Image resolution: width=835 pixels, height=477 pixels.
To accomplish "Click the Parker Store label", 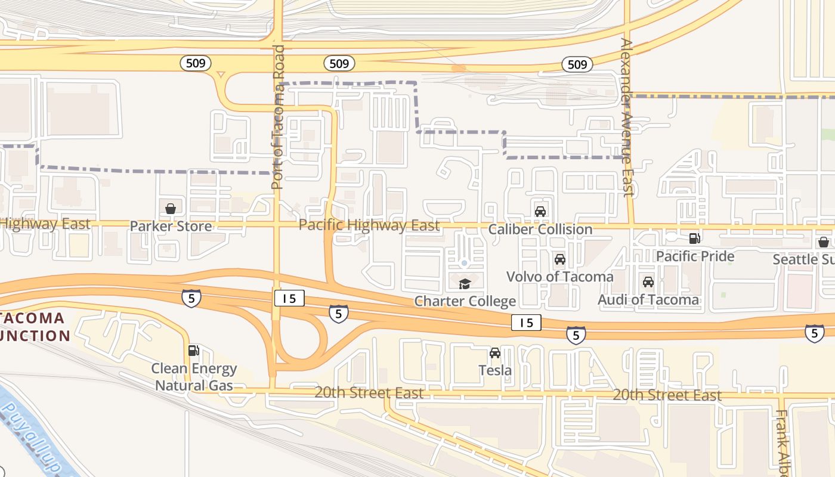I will pyautogui.click(x=171, y=226).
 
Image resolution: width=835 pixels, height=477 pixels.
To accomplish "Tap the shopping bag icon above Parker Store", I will pyautogui.click(x=171, y=208).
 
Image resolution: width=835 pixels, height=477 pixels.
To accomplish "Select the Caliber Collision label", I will pyautogui.click(x=540, y=229).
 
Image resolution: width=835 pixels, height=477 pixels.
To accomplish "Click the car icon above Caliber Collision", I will pyautogui.click(x=540, y=211).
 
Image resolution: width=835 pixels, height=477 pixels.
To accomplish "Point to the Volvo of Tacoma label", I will pyautogui.click(x=559, y=277).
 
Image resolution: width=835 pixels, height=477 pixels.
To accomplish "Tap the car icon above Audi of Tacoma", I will pyautogui.click(x=648, y=282).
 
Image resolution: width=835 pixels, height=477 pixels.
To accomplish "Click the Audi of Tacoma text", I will pyautogui.click(x=648, y=299).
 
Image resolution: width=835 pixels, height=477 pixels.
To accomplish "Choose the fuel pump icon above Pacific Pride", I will pyautogui.click(x=695, y=238).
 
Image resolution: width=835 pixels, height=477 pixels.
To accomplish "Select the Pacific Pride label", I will pyautogui.click(x=695, y=256).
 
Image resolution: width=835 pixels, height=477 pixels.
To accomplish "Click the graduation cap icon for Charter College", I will pyautogui.click(x=465, y=284).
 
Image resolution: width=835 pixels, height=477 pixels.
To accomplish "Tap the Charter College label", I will pyautogui.click(x=465, y=301).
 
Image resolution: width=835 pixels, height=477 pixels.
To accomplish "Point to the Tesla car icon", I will pyautogui.click(x=495, y=353).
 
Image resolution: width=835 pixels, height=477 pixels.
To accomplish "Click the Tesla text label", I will pyautogui.click(x=495, y=370).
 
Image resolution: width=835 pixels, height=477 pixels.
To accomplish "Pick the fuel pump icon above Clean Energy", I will pyautogui.click(x=193, y=351).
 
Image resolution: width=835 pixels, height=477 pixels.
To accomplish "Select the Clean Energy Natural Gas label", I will pyautogui.click(x=194, y=377).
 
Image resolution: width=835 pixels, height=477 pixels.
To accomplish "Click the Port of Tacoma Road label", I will pyautogui.click(x=278, y=117).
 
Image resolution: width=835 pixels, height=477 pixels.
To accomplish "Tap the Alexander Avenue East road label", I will pyautogui.click(x=627, y=117).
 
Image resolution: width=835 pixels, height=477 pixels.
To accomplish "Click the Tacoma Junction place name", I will pyautogui.click(x=36, y=326).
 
